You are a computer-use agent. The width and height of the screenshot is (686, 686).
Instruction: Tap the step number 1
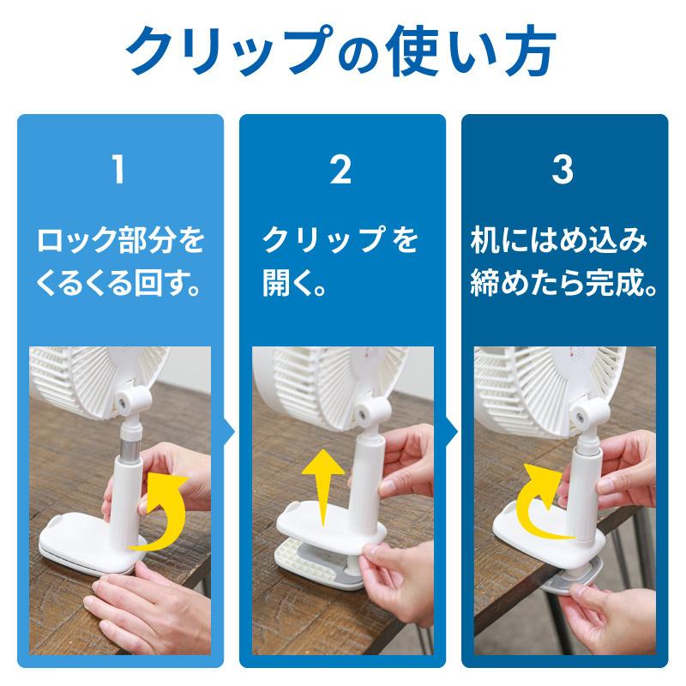coord(119,171)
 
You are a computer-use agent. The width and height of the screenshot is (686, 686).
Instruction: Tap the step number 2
coord(341,171)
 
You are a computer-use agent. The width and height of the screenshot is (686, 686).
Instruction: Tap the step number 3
coord(563,171)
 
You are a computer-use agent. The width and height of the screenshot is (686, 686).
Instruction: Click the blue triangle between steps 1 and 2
coord(230,430)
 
